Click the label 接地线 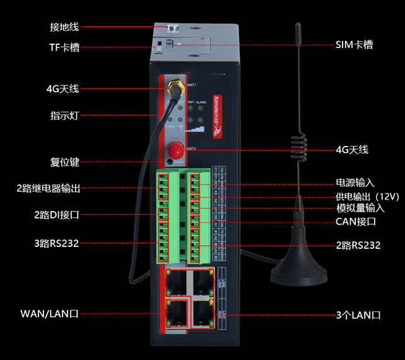pyautogui.click(x=64, y=27)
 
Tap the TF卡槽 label pyautogui.click(x=64, y=47)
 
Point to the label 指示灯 pyautogui.click(x=64, y=115)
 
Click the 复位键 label pyautogui.click(x=64, y=162)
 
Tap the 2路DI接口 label pyautogui.click(x=57, y=215)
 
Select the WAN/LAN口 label pyautogui.click(x=49, y=314)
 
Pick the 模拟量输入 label pyautogui.click(x=360, y=208)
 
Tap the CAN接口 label pyautogui.click(x=356, y=221)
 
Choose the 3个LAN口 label pyautogui.click(x=358, y=315)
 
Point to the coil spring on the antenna pyautogui.click(x=297, y=145)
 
